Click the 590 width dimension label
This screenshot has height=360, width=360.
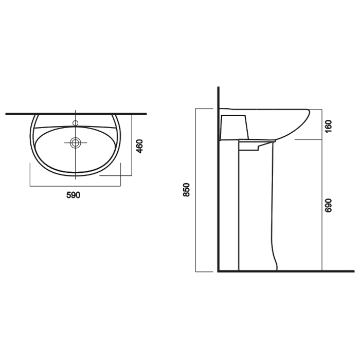(x=73, y=195)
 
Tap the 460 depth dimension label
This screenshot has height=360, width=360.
(x=139, y=146)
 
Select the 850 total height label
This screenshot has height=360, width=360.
(x=186, y=190)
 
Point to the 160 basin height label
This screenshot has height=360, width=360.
(x=329, y=126)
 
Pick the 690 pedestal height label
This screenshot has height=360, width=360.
(x=329, y=205)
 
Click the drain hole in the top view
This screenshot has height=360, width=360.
(x=75, y=142)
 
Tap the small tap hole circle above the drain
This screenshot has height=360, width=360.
(x=75, y=123)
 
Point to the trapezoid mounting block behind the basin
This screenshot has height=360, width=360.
(x=234, y=127)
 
